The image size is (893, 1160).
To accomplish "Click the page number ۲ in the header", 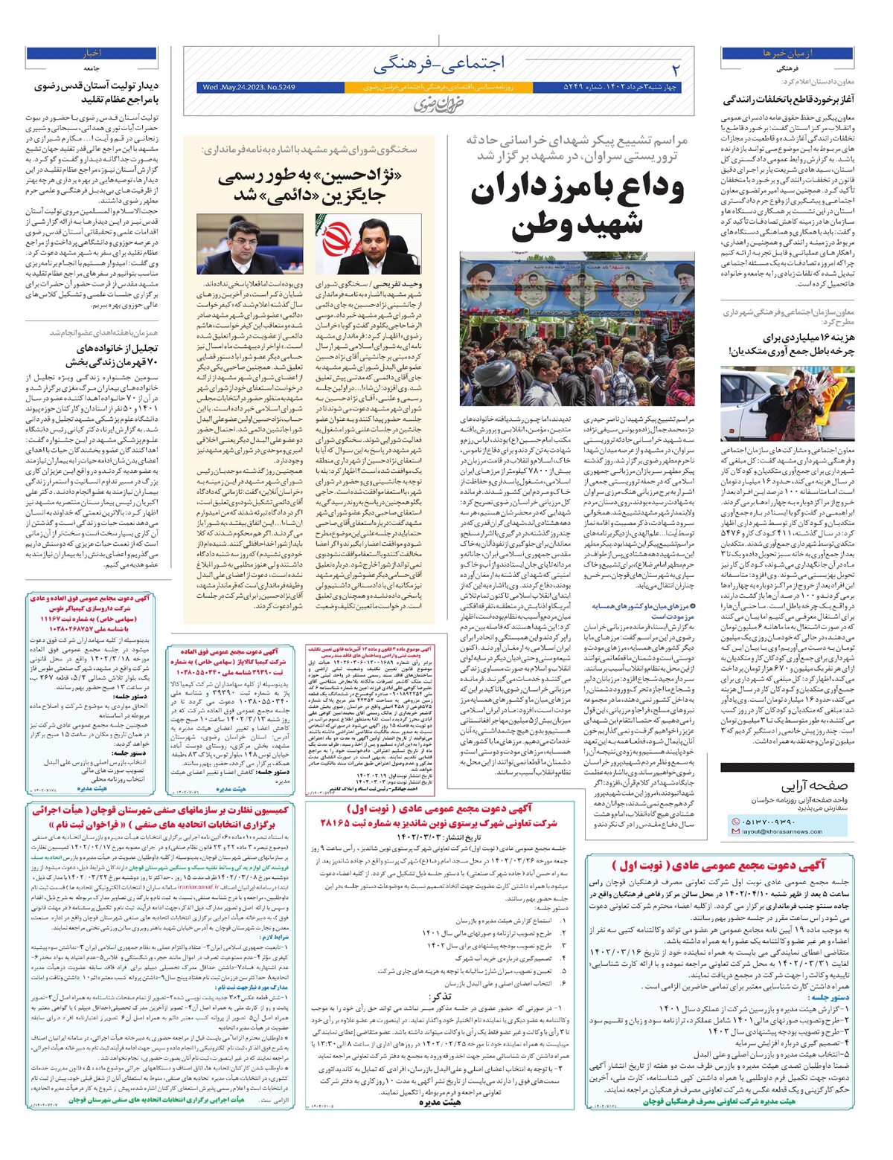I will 675,69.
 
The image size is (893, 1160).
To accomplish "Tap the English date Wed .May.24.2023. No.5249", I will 249,88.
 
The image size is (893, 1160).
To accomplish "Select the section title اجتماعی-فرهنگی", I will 438,65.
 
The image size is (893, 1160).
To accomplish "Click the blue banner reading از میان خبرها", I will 787,54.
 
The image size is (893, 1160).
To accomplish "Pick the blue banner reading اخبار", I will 92,54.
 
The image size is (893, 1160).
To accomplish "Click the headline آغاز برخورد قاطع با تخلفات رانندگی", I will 789,100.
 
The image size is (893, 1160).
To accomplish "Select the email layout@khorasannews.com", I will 781,831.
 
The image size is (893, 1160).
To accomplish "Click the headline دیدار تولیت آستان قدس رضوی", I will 97,93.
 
